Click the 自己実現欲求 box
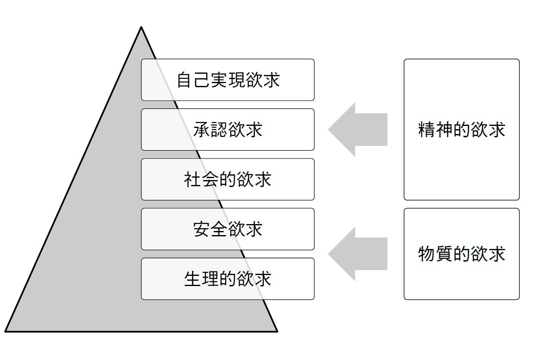[x=227, y=80]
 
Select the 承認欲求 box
[x=227, y=130]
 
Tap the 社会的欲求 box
[x=227, y=179]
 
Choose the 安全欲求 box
[x=227, y=229]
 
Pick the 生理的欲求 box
[x=227, y=279]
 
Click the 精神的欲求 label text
[x=461, y=130]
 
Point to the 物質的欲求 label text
[x=461, y=254]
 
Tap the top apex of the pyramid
[x=141, y=28]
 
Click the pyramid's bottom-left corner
[x=6, y=331]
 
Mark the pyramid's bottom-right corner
[x=277, y=331]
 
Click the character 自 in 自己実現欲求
[x=185, y=80]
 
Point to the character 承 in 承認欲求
[x=202, y=130]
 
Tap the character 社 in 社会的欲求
[x=193, y=180]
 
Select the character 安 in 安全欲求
[x=202, y=229]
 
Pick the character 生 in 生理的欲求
[x=193, y=279]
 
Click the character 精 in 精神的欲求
[x=426, y=130]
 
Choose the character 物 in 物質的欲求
[x=426, y=254]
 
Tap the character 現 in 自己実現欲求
[x=236, y=80]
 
